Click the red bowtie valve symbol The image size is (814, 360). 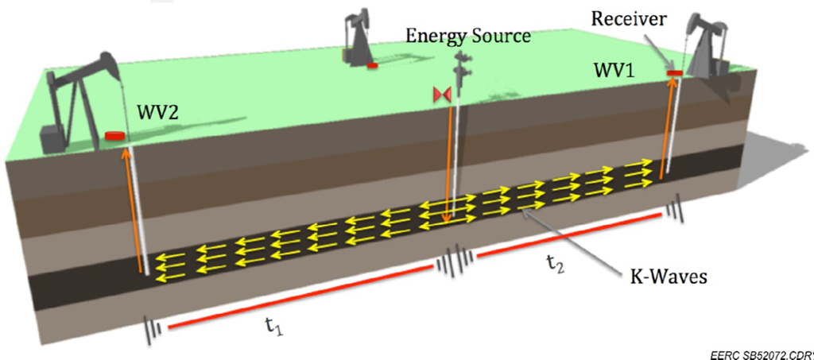[442, 95]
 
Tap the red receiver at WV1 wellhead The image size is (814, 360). [675, 74]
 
